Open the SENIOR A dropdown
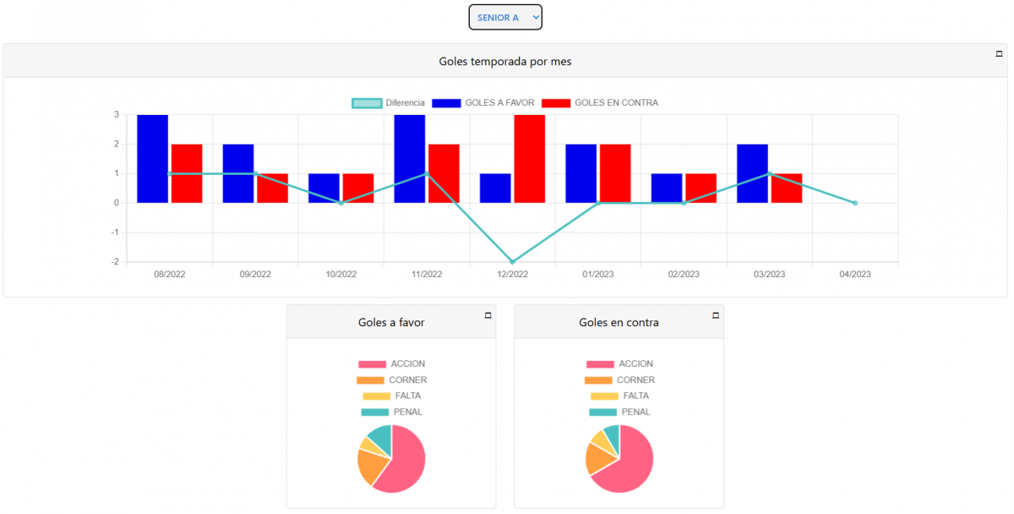click(x=505, y=17)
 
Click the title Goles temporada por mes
click(x=505, y=61)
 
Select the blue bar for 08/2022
click(x=153, y=159)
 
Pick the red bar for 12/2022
click(x=530, y=159)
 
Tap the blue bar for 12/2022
click(x=495, y=189)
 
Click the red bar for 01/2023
click(x=615, y=173)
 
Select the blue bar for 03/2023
click(x=752, y=173)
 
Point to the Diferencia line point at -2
click(x=512, y=262)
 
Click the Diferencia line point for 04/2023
click(x=855, y=203)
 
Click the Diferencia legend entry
click(x=389, y=103)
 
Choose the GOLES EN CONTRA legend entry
click(x=600, y=103)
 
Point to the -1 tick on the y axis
click(x=115, y=232)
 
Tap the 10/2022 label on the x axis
click(x=341, y=274)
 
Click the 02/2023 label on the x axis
click(x=684, y=274)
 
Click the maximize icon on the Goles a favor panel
click(x=488, y=315)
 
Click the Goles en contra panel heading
click(x=619, y=322)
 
